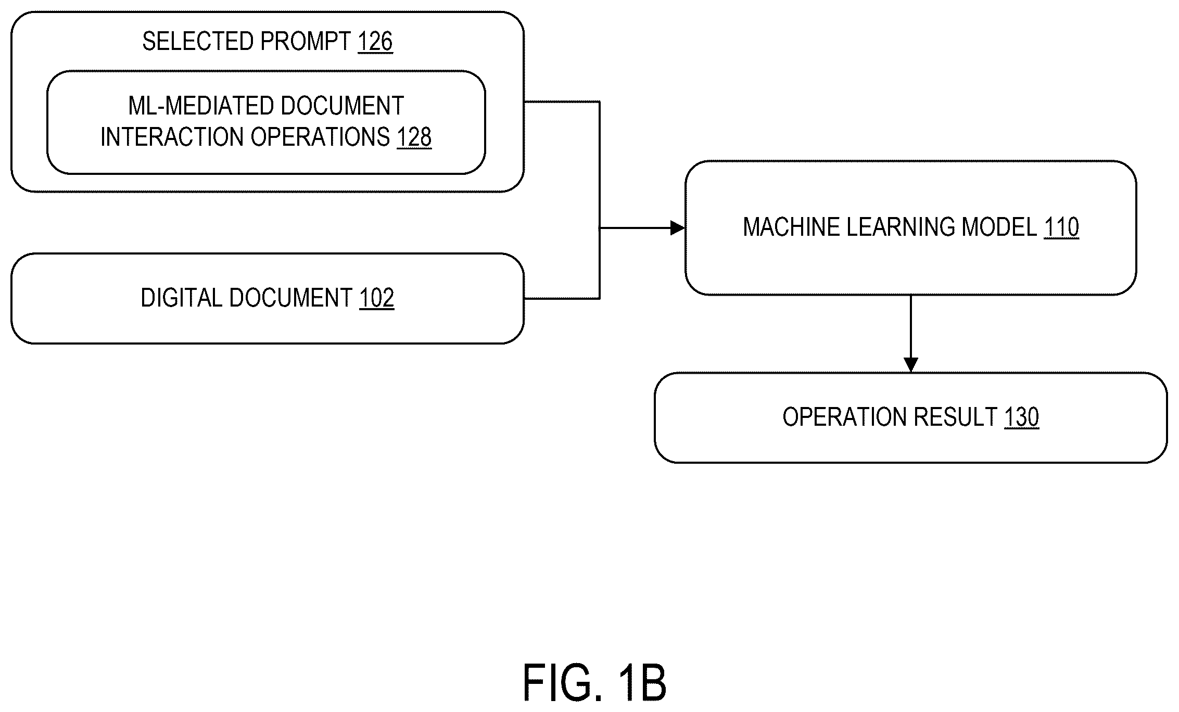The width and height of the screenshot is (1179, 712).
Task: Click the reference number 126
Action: pyautogui.click(x=375, y=42)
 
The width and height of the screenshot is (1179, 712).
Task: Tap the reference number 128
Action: pyautogui.click(x=414, y=137)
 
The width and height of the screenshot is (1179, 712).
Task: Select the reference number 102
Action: pyautogui.click(x=377, y=298)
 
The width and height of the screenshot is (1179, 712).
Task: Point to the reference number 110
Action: pyautogui.click(x=1061, y=227)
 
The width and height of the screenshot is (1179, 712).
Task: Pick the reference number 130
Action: pyautogui.click(x=1021, y=417)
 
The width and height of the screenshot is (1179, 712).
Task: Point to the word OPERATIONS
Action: pyautogui.click(x=320, y=137)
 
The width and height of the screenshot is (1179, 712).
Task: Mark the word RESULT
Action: pyautogui.click(x=955, y=417)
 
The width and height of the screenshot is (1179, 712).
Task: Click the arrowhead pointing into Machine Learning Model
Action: pyautogui.click(x=677, y=228)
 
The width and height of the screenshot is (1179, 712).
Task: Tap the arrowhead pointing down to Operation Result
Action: pyautogui.click(x=910, y=365)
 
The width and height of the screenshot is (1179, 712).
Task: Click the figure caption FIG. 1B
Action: pyautogui.click(x=594, y=683)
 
